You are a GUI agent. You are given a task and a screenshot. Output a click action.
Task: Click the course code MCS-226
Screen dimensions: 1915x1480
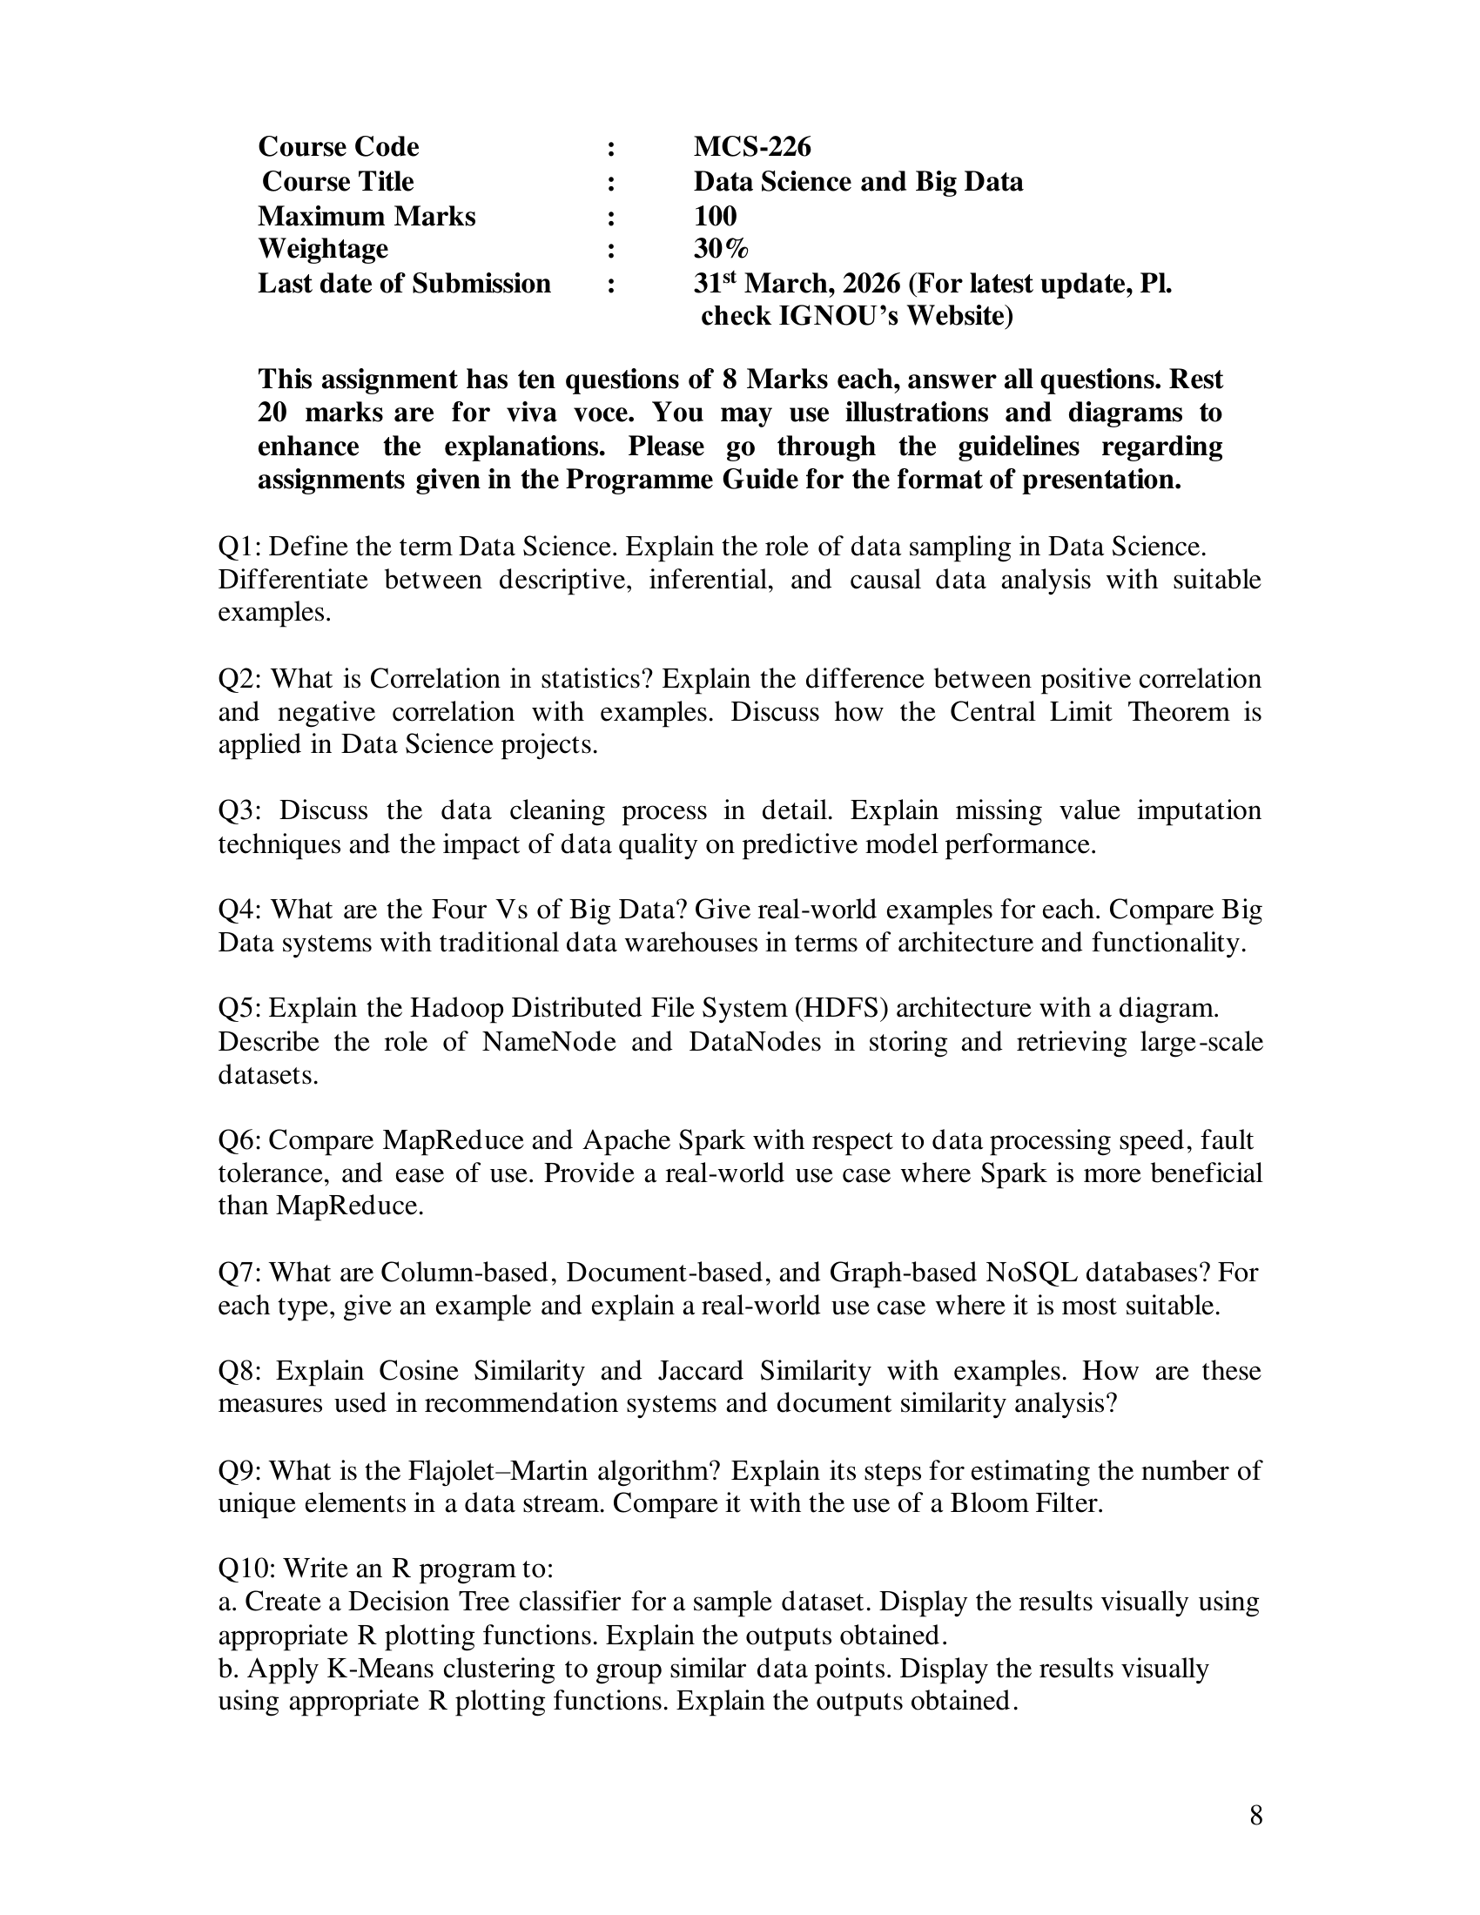(x=751, y=146)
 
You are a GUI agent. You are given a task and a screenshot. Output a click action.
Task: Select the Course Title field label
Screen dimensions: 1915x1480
(x=338, y=182)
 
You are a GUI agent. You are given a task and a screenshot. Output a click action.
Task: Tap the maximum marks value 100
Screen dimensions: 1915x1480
(x=715, y=216)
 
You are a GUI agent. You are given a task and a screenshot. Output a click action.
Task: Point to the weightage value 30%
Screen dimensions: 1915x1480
(x=721, y=249)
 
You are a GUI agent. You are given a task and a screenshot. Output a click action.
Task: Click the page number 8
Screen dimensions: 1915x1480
(x=1255, y=1815)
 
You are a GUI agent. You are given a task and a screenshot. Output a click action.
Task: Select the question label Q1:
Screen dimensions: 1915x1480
(x=239, y=548)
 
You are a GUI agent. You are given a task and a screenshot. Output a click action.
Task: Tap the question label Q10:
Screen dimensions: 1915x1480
(x=246, y=1569)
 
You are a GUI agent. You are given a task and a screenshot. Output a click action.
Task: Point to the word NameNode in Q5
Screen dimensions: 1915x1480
(x=548, y=1042)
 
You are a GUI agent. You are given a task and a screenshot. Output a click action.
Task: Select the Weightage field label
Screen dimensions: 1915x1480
(x=323, y=249)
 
